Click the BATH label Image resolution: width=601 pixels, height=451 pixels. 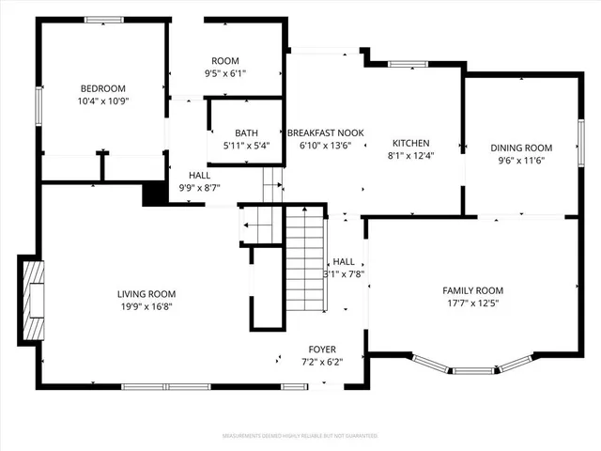coord(247,133)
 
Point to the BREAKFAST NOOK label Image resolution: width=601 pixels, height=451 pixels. coord(325,133)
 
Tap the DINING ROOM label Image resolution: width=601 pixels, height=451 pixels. coord(521,148)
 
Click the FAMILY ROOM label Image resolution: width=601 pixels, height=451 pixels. coord(473,290)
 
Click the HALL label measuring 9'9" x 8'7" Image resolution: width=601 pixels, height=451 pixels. coord(199,176)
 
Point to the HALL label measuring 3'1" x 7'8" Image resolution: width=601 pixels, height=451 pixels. coord(344,262)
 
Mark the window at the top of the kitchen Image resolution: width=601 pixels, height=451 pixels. coord(408,64)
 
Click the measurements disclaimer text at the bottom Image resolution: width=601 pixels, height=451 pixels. coord(300,437)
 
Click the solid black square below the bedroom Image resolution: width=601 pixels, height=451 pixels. coord(151,194)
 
